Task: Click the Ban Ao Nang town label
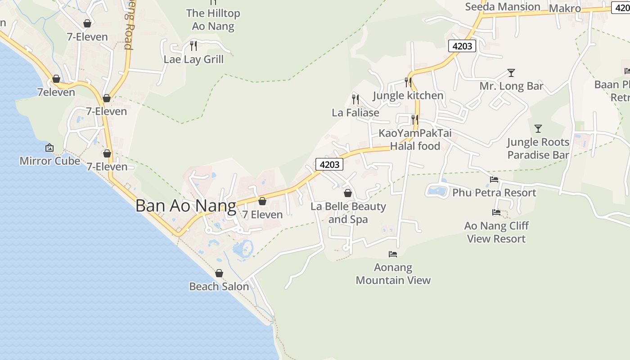(x=185, y=206)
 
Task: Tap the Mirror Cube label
(x=49, y=161)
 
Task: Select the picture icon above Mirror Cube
(x=49, y=148)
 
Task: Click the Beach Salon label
(x=219, y=286)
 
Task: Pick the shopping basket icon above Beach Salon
(x=219, y=273)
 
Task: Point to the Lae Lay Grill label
(x=193, y=59)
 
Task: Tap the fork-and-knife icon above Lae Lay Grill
(x=193, y=45)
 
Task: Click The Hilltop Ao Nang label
(x=213, y=20)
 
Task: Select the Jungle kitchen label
(x=408, y=95)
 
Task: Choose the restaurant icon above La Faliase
(x=355, y=99)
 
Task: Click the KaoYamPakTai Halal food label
(x=415, y=139)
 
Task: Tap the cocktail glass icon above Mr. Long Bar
(x=511, y=72)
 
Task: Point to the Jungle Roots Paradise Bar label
(x=538, y=148)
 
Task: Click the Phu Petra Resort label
(x=494, y=193)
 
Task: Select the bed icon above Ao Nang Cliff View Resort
(x=496, y=212)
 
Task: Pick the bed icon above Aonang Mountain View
(x=393, y=254)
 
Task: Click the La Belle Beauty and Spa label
(x=348, y=213)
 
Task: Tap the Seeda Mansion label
(x=503, y=7)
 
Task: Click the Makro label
(x=565, y=9)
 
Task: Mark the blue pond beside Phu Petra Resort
(x=437, y=190)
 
